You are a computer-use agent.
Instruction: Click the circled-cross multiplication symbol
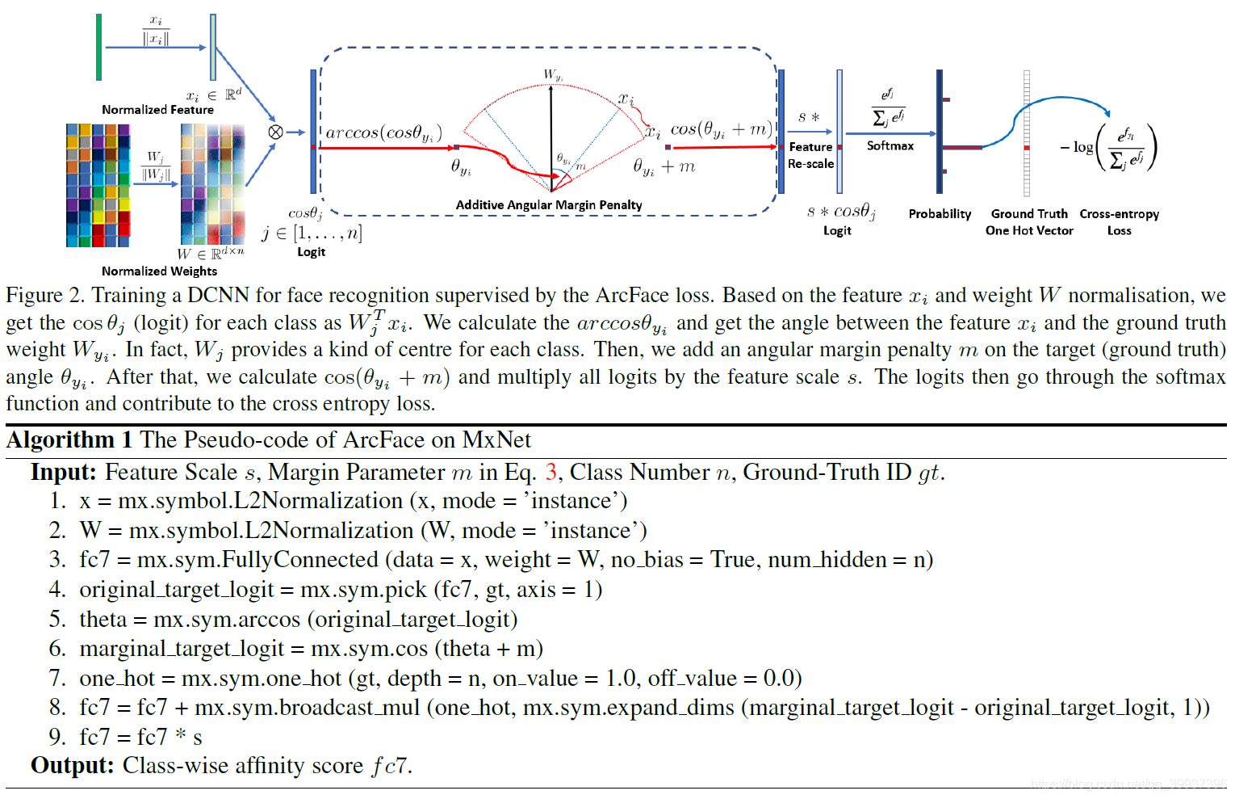pos(275,132)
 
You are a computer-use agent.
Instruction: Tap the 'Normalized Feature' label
pos(157,110)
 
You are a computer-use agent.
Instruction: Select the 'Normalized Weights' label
pos(159,271)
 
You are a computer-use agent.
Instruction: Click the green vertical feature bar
pos(98,47)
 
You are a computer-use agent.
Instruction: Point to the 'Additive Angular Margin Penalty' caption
pos(549,205)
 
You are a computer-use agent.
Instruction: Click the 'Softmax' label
pos(890,146)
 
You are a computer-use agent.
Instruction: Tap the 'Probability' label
pos(940,214)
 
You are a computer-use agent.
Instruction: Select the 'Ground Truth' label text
pos(1029,214)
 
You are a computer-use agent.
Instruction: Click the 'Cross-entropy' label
pos(1119,214)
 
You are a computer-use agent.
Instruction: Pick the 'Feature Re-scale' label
pos(810,155)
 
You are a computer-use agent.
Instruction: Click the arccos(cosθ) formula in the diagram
pos(383,132)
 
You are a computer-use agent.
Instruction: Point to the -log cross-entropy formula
pos(1109,148)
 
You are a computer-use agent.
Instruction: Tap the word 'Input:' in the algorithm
pos(64,473)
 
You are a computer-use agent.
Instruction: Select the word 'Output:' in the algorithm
pos(72,766)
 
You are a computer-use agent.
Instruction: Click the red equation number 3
pos(551,473)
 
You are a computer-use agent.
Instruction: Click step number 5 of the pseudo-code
pos(57,620)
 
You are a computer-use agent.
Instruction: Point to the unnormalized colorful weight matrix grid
pos(98,185)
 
